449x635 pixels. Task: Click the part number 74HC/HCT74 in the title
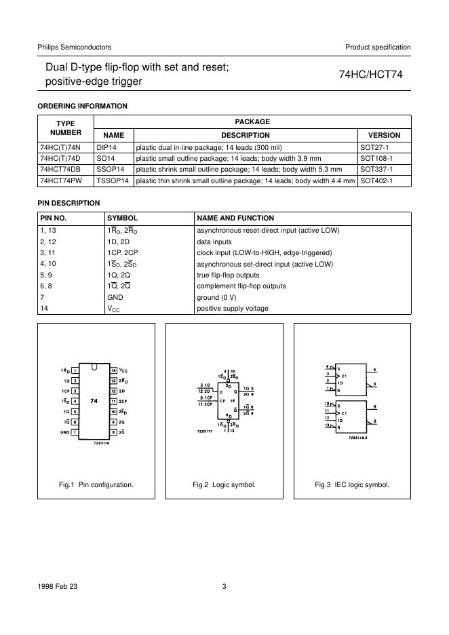(x=370, y=75)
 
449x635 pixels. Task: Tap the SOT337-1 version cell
(x=375, y=170)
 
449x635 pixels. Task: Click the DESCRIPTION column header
(x=245, y=135)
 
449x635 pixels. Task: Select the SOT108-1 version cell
(x=375, y=158)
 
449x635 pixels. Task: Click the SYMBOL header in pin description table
(x=123, y=218)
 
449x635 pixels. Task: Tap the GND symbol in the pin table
(x=116, y=297)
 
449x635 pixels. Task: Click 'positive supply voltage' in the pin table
(x=232, y=309)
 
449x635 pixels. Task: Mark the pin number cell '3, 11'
(x=49, y=252)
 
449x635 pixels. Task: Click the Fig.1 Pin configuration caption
(x=96, y=485)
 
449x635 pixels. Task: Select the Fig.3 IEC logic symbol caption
(x=352, y=485)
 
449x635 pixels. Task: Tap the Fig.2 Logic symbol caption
(x=224, y=485)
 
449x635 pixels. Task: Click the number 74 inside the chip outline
(x=94, y=401)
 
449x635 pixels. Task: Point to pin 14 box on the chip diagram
(x=114, y=370)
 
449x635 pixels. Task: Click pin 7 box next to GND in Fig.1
(x=75, y=432)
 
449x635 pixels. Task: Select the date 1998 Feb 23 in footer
(x=58, y=587)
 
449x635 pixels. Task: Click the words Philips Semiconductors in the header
(x=75, y=47)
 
